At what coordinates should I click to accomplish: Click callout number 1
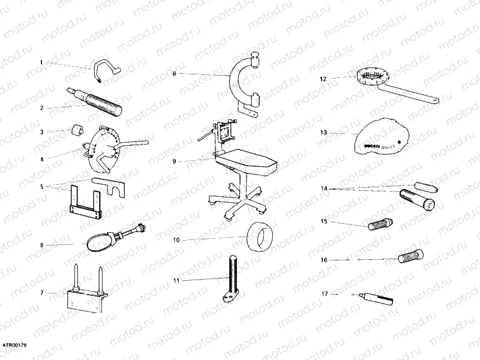pos(41,62)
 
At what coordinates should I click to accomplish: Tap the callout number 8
pos(174,74)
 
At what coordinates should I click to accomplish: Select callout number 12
pos(322,78)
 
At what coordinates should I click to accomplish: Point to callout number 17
pos(324,294)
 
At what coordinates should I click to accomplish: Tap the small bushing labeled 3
pos(77,130)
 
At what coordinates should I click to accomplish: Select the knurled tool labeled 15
pos(379,226)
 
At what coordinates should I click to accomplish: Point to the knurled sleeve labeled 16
pos(410,256)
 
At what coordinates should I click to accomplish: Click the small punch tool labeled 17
pos(375,297)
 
